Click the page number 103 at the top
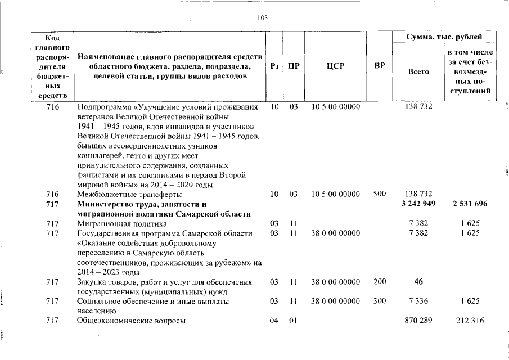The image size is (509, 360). click(x=263, y=17)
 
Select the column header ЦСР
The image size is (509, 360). click(x=335, y=66)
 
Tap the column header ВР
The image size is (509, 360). click(x=380, y=66)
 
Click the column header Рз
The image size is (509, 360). click(x=274, y=66)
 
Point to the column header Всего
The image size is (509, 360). click(x=418, y=71)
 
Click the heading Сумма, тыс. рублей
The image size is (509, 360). click(x=444, y=37)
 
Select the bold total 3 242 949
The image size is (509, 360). click(x=418, y=204)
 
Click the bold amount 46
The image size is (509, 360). click(x=418, y=281)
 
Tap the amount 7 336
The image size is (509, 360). click(x=418, y=301)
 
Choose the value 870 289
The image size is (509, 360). click(x=418, y=321)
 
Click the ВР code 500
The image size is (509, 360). click(x=380, y=193)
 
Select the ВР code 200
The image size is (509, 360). click(x=380, y=281)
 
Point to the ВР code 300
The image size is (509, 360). click(x=380, y=301)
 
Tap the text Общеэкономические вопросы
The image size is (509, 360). click(x=131, y=321)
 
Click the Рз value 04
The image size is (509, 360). click(x=274, y=321)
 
